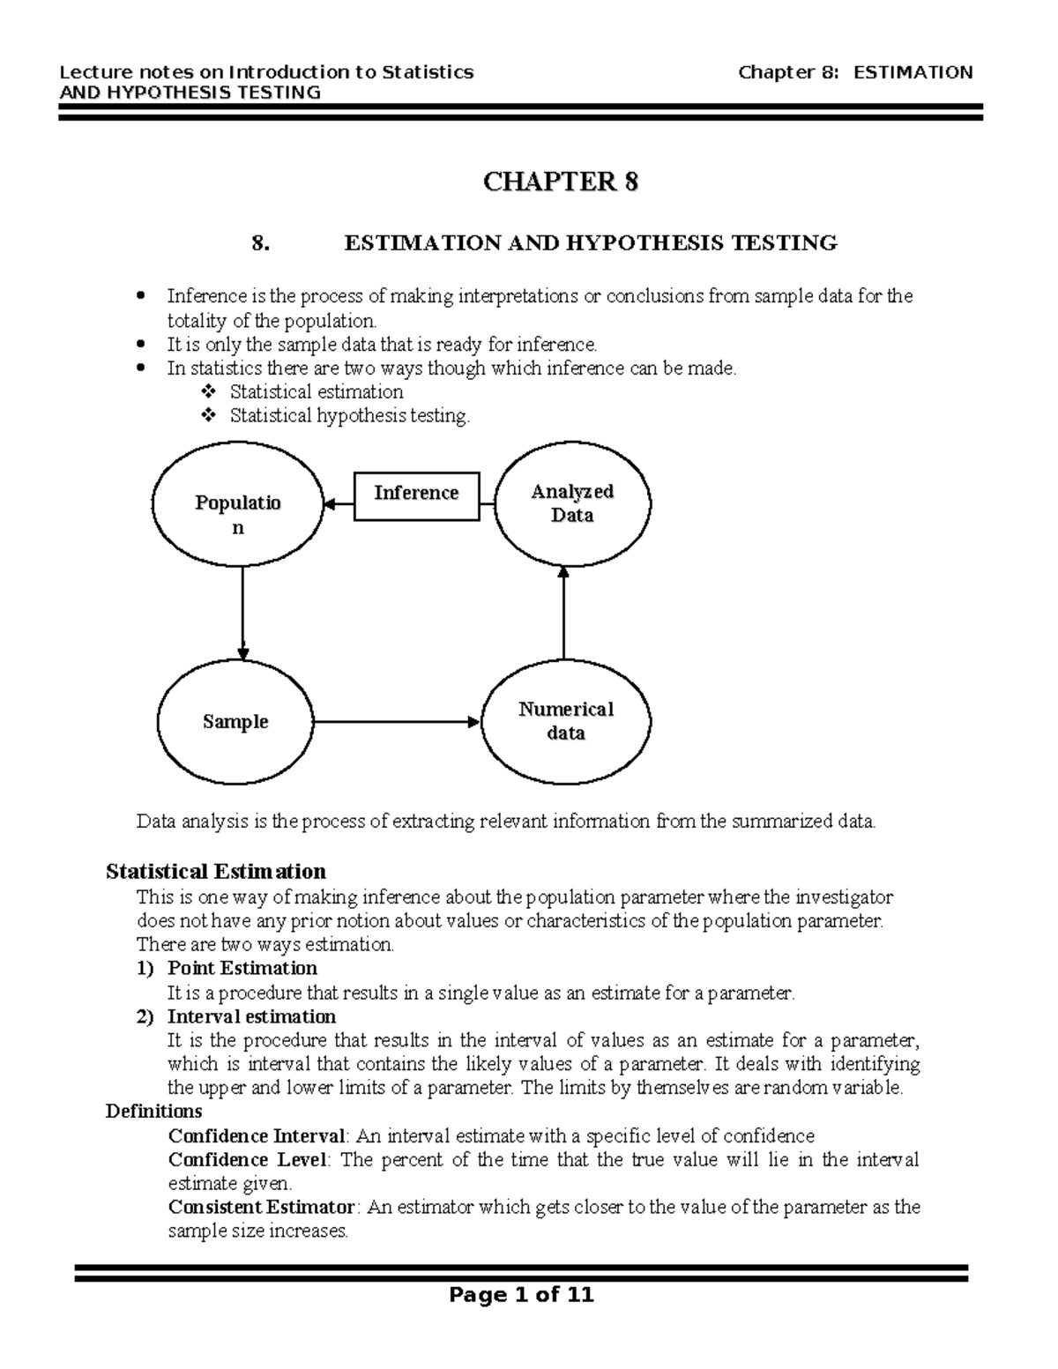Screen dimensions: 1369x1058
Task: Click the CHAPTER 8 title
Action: click(560, 182)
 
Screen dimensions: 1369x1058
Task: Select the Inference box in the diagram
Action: click(417, 495)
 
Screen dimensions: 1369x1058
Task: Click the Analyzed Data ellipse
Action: click(571, 503)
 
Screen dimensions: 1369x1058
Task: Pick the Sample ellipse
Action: click(235, 721)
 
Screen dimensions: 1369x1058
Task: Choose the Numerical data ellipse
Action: click(566, 721)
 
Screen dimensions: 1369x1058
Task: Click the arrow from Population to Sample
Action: click(242, 613)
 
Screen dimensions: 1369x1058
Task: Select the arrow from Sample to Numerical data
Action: click(397, 722)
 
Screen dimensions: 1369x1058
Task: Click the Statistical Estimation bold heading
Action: click(216, 872)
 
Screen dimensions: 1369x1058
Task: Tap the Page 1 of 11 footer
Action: click(521, 1295)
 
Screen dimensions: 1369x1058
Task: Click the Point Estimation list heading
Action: click(242, 968)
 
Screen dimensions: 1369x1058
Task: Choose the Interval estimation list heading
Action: click(251, 1016)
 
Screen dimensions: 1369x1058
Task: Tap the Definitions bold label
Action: click(154, 1111)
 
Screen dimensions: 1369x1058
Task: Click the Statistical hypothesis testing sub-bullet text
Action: click(350, 415)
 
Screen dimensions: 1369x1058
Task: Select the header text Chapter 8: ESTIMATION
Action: click(855, 72)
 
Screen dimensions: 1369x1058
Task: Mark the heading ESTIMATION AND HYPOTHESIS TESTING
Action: click(590, 243)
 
